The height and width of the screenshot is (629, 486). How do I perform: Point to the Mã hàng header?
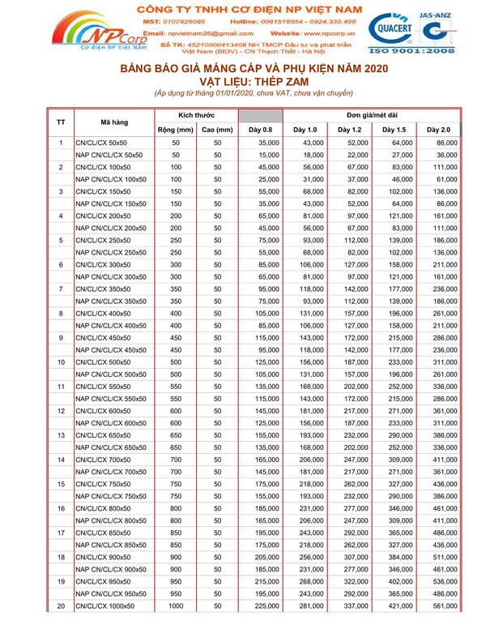[113, 122]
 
